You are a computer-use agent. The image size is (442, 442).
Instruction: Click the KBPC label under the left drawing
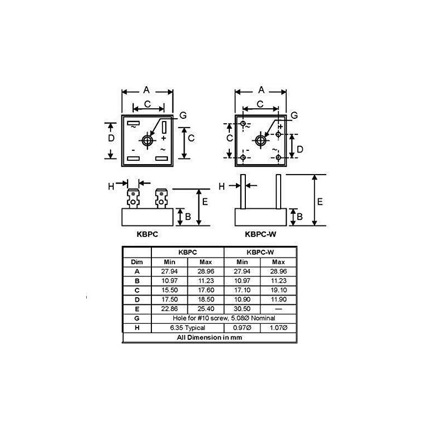pyautogui.click(x=147, y=234)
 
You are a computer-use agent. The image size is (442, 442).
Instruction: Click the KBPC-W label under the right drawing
pyautogui.click(x=260, y=234)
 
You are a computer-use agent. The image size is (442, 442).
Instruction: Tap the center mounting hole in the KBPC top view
pyautogui.click(x=147, y=140)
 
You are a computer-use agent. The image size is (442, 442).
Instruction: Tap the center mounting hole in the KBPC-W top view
pyautogui.click(x=260, y=140)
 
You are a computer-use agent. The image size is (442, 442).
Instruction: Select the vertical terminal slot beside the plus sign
pyautogui.click(x=164, y=127)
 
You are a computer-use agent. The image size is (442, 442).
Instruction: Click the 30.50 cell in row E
pyautogui.click(x=242, y=309)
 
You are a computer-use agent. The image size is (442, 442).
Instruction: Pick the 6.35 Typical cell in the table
pyautogui.click(x=187, y=328)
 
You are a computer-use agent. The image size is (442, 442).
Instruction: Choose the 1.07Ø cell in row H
pyautogui.click(x=278, y=328)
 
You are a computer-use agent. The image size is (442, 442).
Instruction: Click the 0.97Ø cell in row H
pyautogui.click(x=242, y=328)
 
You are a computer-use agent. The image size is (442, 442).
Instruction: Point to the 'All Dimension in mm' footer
pyautogui.click(x=209, y=338)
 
